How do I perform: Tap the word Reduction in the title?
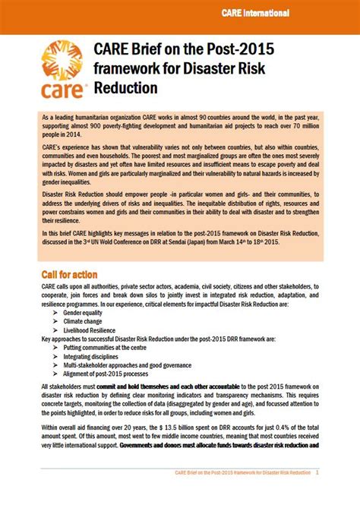point(127,88)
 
